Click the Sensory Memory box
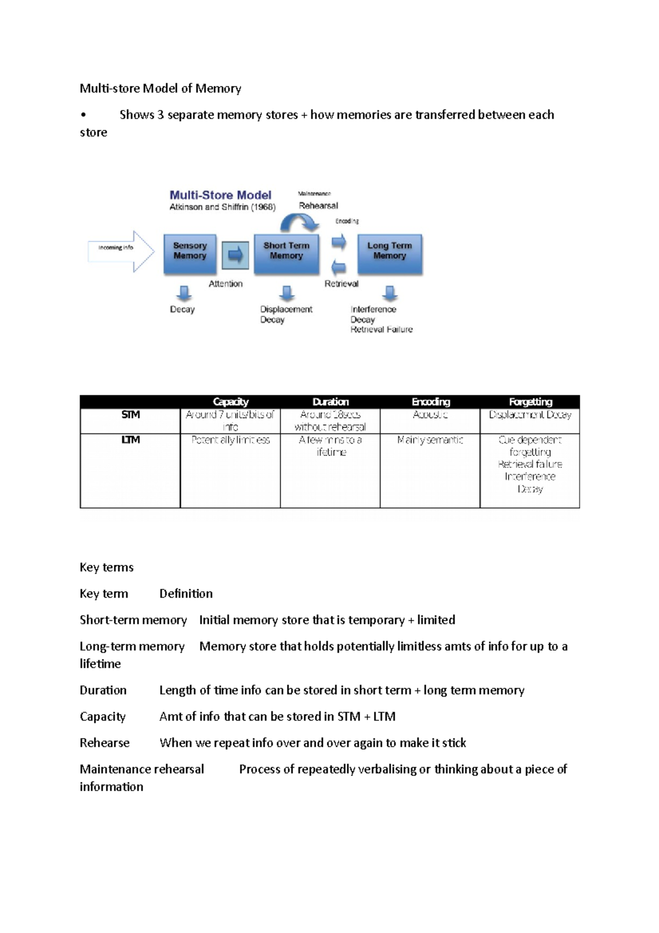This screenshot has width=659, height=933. [190, 254]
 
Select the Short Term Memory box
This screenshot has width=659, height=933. [286, 254]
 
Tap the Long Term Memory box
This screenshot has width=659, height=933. [390, 254]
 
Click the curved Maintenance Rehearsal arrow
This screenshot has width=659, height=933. [299, 222]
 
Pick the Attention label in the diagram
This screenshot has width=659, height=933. [225, 284]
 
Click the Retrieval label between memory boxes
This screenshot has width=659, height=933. [341, 284]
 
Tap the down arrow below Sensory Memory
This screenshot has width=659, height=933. [184, 293]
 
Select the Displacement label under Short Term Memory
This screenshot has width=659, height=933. [286, 309]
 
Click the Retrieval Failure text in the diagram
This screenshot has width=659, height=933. [382, 330]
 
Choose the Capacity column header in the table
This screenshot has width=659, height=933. [231, 402]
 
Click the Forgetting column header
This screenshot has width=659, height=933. [530, 402]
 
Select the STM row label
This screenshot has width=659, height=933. [130, 415]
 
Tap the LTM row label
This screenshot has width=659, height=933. [130, 440]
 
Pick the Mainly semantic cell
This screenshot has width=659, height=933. [430, 440]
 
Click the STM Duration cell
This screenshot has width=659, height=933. [330, 421]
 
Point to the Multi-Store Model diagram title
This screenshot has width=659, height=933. [220, 195]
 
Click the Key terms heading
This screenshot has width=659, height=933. [107, 567]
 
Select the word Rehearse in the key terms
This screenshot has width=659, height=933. [104, 743]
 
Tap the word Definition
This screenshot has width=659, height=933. [186, 593]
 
